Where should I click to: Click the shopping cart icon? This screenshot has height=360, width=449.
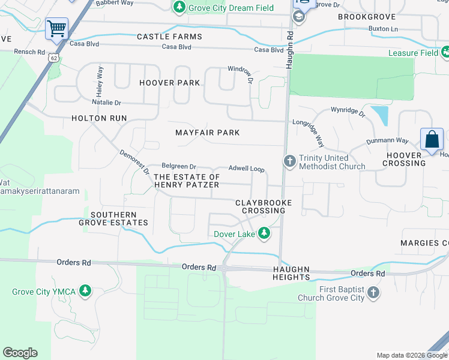(56, 28)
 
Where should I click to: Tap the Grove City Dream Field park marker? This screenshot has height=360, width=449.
(179, 8)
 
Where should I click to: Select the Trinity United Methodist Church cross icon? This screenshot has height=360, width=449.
(289, 161)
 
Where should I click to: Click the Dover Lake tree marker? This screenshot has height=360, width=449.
(264, 233)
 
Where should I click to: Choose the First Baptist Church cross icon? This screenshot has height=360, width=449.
(373, 293)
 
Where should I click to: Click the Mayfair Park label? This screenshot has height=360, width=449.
(207, 133)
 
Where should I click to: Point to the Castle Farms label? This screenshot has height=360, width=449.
(170, 37)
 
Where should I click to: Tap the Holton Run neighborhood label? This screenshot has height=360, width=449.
(99, 118)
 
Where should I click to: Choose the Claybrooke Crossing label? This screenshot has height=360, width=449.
(263, 206)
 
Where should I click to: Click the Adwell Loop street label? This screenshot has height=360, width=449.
(247, 169)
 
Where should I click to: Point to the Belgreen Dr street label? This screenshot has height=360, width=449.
(179, 166)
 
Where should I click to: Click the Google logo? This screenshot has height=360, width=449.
(20, 353)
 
